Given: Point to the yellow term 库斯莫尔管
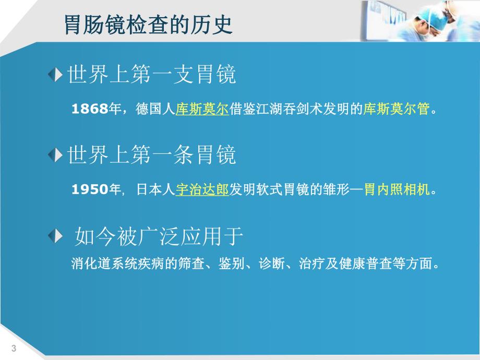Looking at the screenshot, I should coord(396,110).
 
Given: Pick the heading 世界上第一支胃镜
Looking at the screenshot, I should coord(152,75).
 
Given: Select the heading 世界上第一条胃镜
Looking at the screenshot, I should coord(152,155).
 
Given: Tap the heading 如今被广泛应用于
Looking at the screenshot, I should coord(159,237).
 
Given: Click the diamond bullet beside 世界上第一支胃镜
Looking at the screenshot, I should coord(55,76).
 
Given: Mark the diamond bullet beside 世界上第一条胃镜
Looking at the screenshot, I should coord(55,155).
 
